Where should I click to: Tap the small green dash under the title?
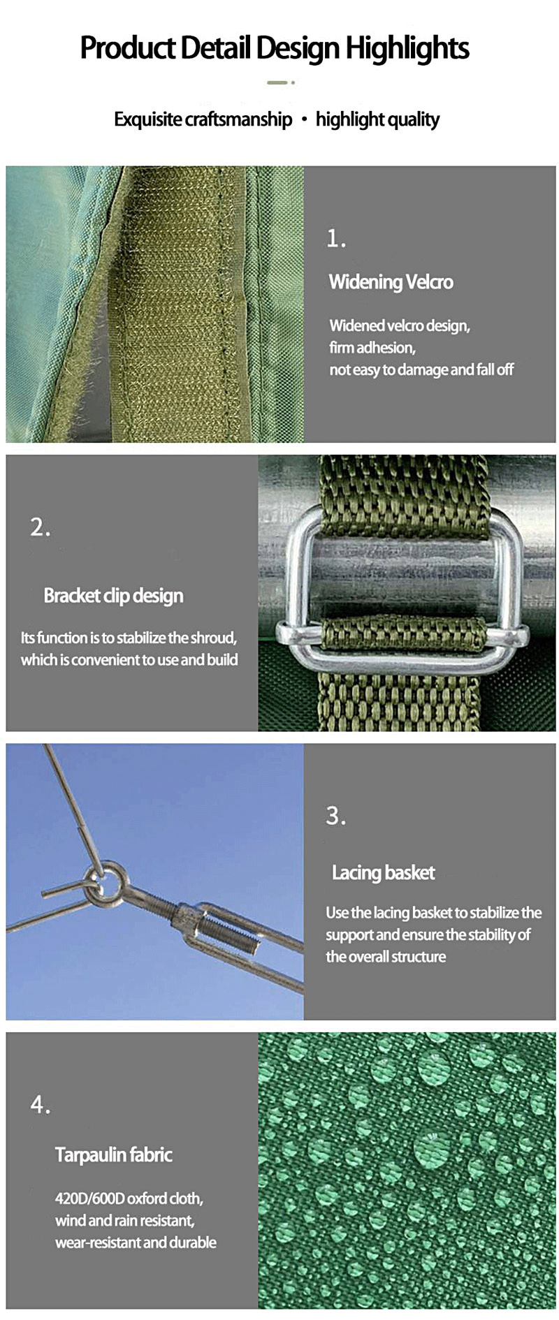click(277, 82)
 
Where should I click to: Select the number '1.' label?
click(336, 239)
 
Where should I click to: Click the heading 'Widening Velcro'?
click(391, 282)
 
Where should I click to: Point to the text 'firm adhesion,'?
click(372, 347)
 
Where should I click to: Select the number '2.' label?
click(41, 527)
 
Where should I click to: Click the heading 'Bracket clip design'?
click(113, 596)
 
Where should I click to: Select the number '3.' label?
click(336, 816)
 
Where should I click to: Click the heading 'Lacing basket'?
click(383, 872)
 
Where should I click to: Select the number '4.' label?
click(41, 1105)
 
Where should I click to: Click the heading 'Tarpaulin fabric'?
click(113, 1155)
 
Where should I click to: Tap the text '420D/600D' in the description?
click(89, 1198)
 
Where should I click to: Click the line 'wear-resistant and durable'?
click(136, 1242)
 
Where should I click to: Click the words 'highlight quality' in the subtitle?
click(377, 119)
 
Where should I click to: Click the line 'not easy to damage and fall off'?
click(421, 369)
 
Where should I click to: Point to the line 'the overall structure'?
click(386, 957)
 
